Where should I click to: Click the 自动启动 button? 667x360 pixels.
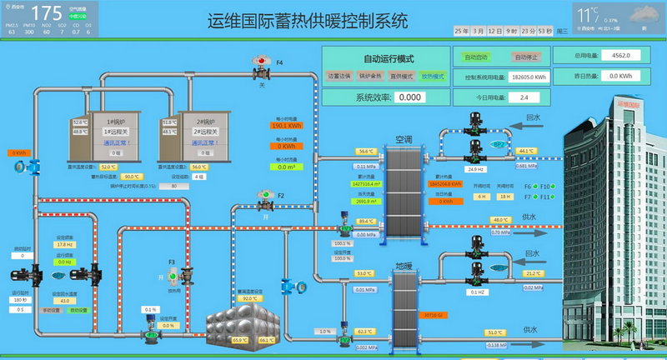point(476,57)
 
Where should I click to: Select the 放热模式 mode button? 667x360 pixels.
point(432,76)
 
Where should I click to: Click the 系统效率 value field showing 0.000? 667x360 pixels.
point(408,97)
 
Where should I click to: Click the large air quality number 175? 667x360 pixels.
point(47,12)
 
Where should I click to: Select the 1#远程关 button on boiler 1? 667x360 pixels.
point(115,132)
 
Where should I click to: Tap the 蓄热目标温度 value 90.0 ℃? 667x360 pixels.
point(131,177)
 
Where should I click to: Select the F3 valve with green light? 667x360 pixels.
point(173,275)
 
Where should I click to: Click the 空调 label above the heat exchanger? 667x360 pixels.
point(404,139)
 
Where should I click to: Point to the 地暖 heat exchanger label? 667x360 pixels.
point(404,266)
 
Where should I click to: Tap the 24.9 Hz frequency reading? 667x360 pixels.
point(476,169)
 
